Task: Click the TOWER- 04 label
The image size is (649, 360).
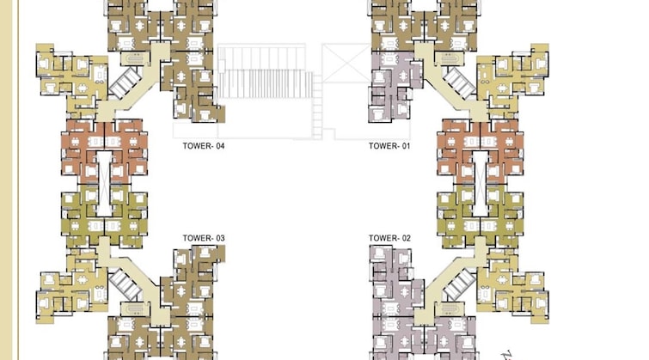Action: tap(204, 146)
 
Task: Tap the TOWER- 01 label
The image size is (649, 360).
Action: tap(389, 146)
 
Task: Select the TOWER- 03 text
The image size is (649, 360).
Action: tap(204, 238)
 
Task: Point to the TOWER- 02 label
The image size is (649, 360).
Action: tap(389, 238)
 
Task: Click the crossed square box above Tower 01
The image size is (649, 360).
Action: tap(346, 63)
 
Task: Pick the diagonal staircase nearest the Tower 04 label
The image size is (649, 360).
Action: tap(125, 83)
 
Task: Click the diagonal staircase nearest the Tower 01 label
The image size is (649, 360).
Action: tap(459, 83)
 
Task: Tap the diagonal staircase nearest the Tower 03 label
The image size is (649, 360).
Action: tap(125, 284)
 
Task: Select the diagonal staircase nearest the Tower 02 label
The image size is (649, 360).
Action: tap(459, 284)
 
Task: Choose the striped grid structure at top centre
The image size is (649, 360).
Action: tap(265, 71)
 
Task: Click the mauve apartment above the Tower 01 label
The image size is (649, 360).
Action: tap(395, 87)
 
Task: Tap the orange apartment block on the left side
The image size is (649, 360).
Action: tap(104, 152)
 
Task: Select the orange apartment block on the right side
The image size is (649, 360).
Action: tap(481, 152)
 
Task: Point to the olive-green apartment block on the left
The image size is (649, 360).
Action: tap(104, 216)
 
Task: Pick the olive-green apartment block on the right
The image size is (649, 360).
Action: tap(481, 216)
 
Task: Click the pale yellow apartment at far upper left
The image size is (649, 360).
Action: tap(72, 76)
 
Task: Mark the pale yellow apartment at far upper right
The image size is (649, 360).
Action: tap(513, 76)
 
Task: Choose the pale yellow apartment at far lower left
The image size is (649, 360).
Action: tap(72, 285)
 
